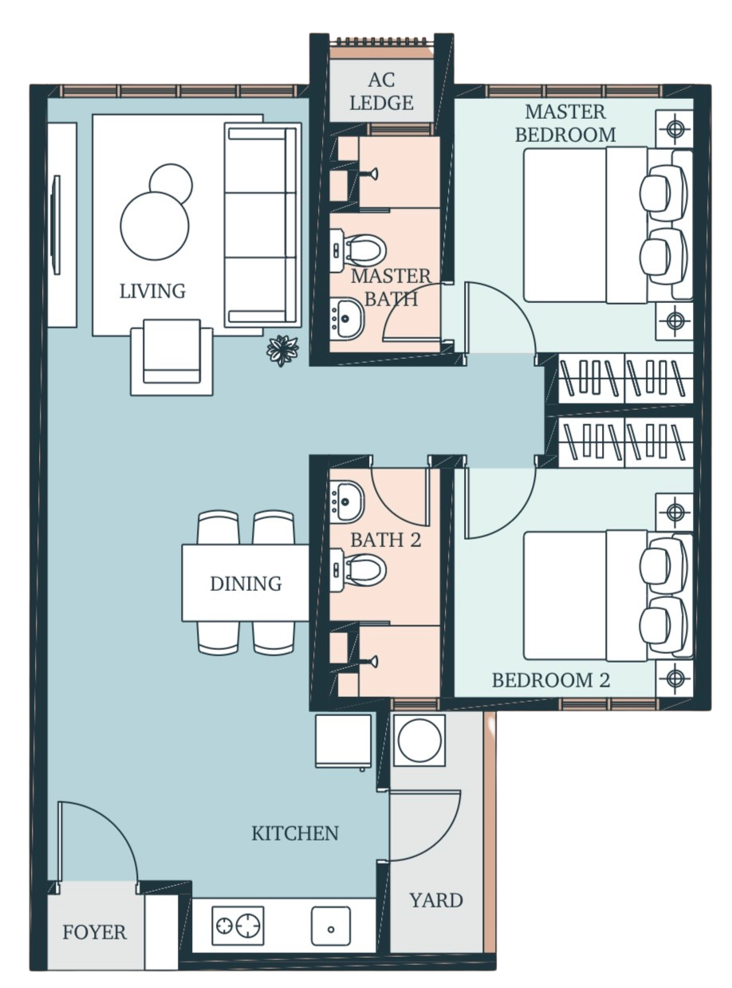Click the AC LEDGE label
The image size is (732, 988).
pos(381,92)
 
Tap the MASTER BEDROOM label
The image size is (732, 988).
pos(565,123)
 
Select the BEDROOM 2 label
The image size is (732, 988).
pos(550,680)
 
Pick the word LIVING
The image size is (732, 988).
pos(152,291)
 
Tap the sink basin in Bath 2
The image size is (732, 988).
pos(347,502)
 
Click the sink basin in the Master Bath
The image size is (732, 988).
pos(347,318)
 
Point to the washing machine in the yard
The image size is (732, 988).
pos(419,740)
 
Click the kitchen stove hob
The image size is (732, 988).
pos(238,926)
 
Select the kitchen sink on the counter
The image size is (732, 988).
pos(331,926)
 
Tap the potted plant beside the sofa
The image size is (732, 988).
pos(282,351)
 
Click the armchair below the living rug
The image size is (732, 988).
pos(171,357)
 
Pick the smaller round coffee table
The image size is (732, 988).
pos(171,183)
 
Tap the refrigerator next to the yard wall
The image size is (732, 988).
pos(343,741)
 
